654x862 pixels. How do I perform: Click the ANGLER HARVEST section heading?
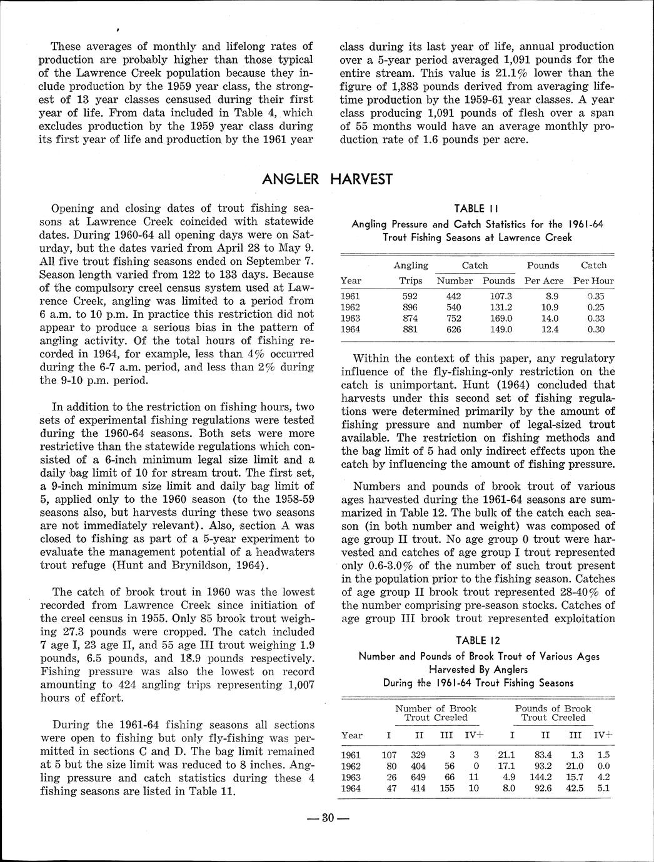(x=327, y=179)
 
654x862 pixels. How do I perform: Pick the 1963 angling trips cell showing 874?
(x=410, y=319)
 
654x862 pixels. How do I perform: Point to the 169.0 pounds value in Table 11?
(x=500, y=319)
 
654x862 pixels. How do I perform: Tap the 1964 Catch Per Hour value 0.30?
(x=596, y=330)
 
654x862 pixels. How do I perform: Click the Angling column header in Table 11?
(x=411, y=265)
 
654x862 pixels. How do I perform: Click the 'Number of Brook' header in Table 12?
(x=436, y=708)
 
